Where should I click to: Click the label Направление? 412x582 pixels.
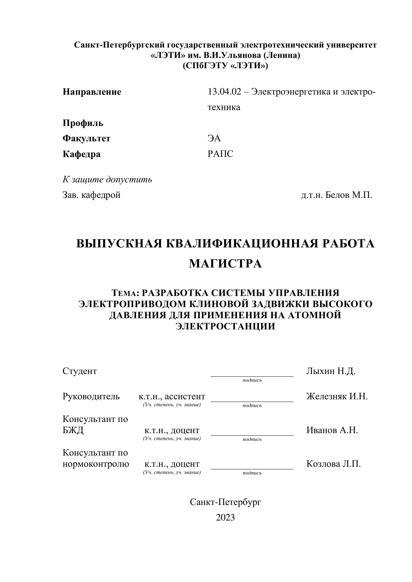[92, 92]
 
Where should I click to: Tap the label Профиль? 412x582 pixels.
[83, 123]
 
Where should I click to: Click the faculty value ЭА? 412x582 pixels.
[214, 138]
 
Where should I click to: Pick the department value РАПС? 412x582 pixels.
[220, 154]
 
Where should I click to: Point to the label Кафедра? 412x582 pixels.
[81, 154]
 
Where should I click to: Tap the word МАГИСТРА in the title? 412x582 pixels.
[225, 264]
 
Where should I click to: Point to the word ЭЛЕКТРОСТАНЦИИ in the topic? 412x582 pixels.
[225, 326]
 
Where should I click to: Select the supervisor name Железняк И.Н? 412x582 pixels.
[337, 396]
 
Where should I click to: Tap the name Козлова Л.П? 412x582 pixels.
[333, 464]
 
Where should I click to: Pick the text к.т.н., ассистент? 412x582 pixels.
[172, 396]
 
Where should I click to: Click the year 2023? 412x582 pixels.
[225, 517]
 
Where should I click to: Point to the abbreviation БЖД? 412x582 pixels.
[73, 430]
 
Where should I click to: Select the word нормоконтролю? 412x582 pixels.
[96, 464]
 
